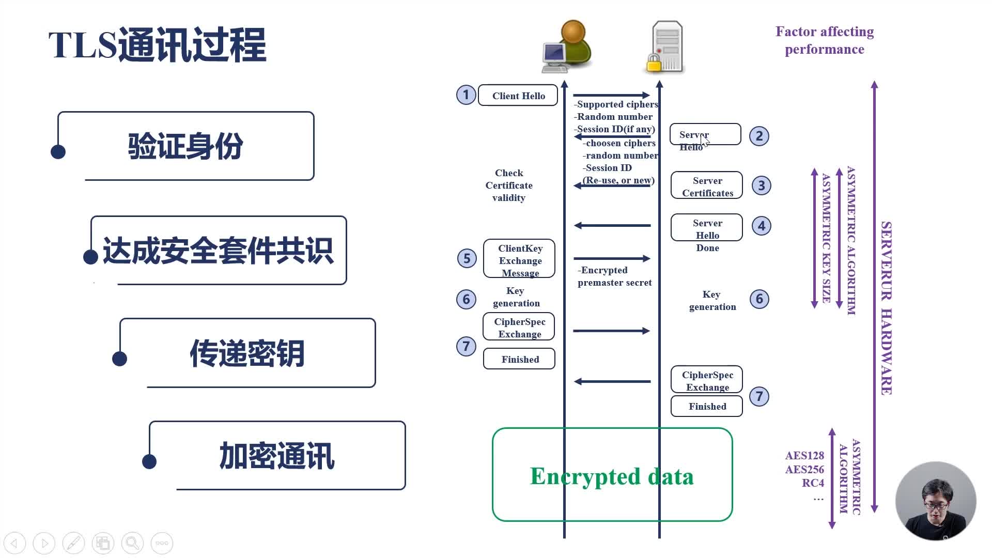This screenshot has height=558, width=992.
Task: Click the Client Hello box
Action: [x=518, y=96]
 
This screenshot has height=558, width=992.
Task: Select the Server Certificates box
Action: [x=706, y=186]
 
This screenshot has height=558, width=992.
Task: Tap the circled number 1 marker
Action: [x=466, y=95]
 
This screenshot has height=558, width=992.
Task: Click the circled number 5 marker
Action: [x=467, y=258]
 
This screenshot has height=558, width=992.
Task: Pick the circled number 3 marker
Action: [x=761, y=185]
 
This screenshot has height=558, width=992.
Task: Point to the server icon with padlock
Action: [x=666, y=48]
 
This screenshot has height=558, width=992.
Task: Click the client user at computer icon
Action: [x=567, y=48]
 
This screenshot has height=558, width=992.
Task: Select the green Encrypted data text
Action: [x=612, y=476]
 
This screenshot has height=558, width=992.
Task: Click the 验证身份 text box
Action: [x=185, y=146]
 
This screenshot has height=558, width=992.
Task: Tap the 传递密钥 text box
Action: [x=247, y=353]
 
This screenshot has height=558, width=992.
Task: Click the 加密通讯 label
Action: [x=277, y=456]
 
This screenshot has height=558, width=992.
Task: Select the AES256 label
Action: [x=804, y=469]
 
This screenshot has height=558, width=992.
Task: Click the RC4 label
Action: [x=813, y=483]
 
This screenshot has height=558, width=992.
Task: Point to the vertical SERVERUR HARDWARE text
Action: [x=887, y=308]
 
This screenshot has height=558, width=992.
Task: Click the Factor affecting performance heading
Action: [x=824, y=40]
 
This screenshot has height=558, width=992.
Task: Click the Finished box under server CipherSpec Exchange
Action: [x=706, y=407]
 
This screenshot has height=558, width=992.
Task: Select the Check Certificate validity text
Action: [x=509, y=185]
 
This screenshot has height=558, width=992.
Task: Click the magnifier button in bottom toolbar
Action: [x=132, y=543]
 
